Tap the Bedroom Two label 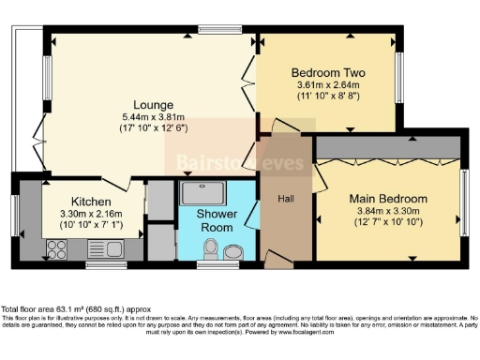(328, 72)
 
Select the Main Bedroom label (388, 199)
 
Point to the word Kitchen (91, 202)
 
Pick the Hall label (288, 199)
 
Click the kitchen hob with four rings (54, 249)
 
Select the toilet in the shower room (211, 248)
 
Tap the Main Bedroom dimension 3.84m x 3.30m (388, 212)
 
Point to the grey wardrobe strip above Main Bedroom (388, 147)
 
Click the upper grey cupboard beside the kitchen (158, 198)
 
